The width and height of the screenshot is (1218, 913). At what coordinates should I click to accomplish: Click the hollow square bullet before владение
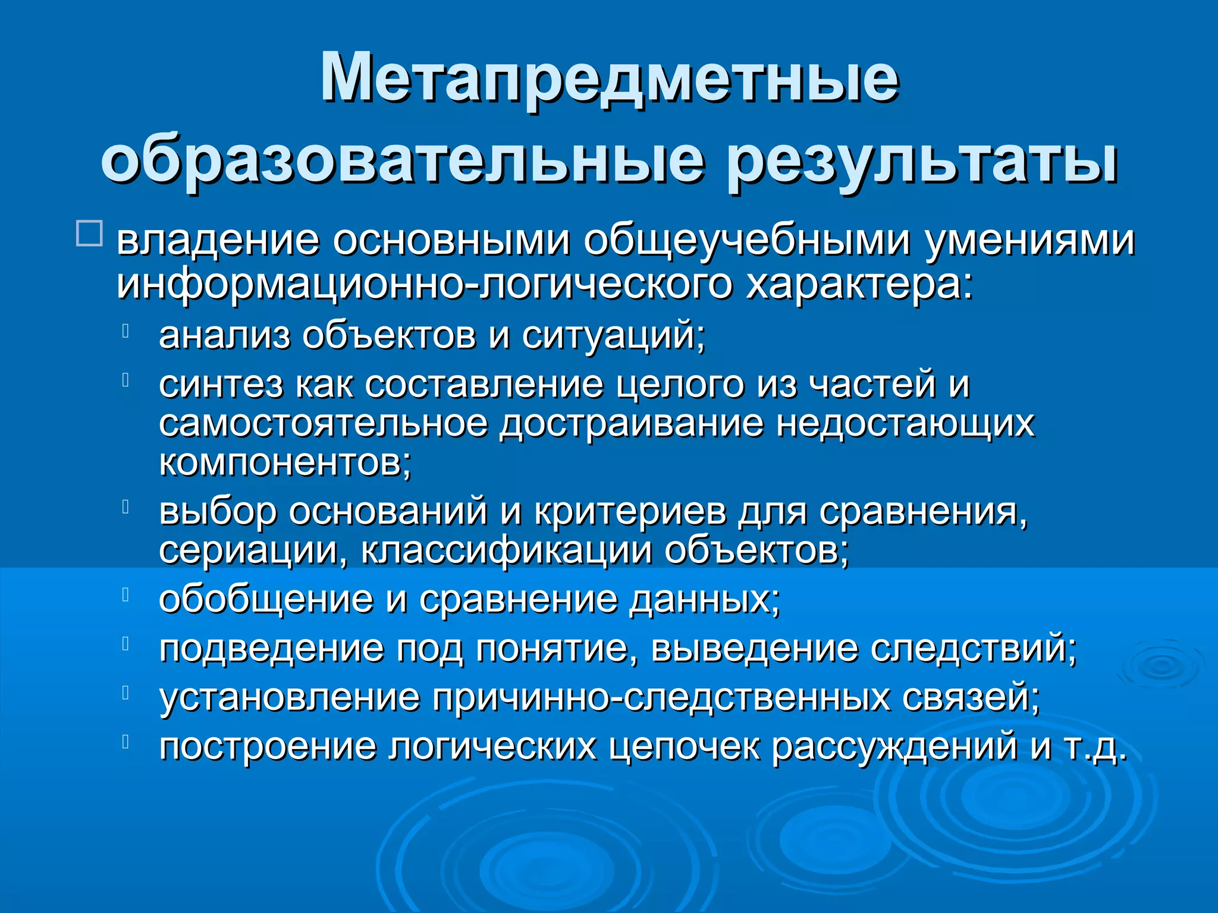pos(90,234)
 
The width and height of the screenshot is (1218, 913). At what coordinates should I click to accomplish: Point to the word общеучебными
pos(746,241)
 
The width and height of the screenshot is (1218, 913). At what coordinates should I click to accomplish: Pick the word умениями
pos(1029,240)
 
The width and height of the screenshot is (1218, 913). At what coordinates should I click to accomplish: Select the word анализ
pos(224,335)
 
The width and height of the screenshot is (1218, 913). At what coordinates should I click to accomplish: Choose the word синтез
pos(221,385)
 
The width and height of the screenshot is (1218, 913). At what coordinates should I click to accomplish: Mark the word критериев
pos(630,512)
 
